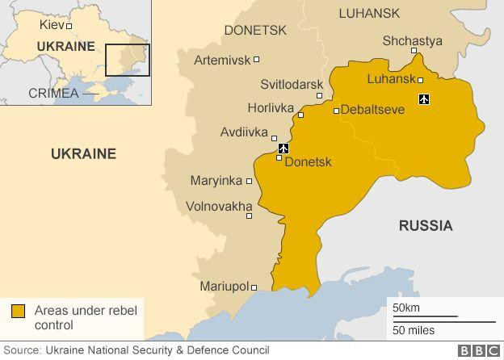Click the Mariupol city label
[224, 287]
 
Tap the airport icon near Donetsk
[283, 149]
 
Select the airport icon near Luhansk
[424, 99]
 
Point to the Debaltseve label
[372, 110]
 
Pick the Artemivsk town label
[221, 60]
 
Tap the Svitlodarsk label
[292, 85]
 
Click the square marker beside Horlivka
[300, 115]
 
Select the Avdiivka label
[244, 132]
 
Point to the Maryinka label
[216, 181]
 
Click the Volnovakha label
[219, 207]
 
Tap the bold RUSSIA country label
[426, 226]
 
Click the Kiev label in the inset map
[51, 25]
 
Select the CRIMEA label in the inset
[53, 93]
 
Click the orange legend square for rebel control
[18, 312]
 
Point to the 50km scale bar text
[406, 308]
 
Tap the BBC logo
[479, 351]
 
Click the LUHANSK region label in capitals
[369, 13]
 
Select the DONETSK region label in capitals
[255, 30]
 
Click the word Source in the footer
[22, 350]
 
